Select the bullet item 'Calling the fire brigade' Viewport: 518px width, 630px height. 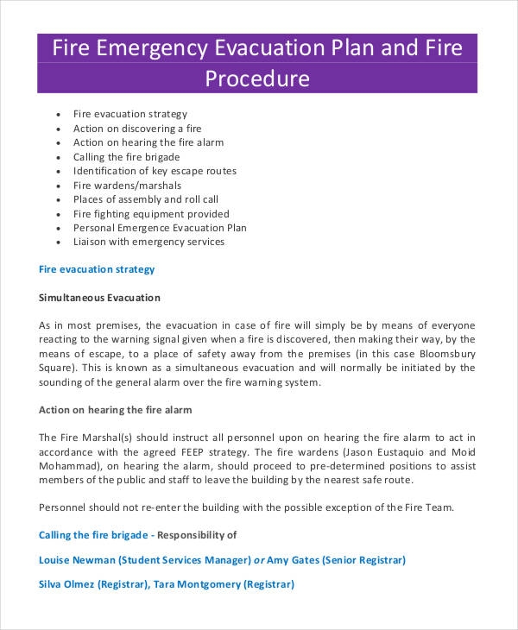coord(127,157)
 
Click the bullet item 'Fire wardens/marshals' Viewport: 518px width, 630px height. coord(126,186)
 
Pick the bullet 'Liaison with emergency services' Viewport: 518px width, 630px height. coord(149,242)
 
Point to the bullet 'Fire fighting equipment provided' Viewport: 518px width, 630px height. coord(152,214)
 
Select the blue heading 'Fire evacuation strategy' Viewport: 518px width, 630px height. coord(98,269)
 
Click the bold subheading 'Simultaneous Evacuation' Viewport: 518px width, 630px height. coord(100,298)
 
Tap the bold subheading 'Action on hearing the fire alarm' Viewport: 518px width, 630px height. coord(116,409)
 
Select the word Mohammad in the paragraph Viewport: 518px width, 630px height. coord(71,466)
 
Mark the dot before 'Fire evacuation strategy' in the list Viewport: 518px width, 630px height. coord(57,115)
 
